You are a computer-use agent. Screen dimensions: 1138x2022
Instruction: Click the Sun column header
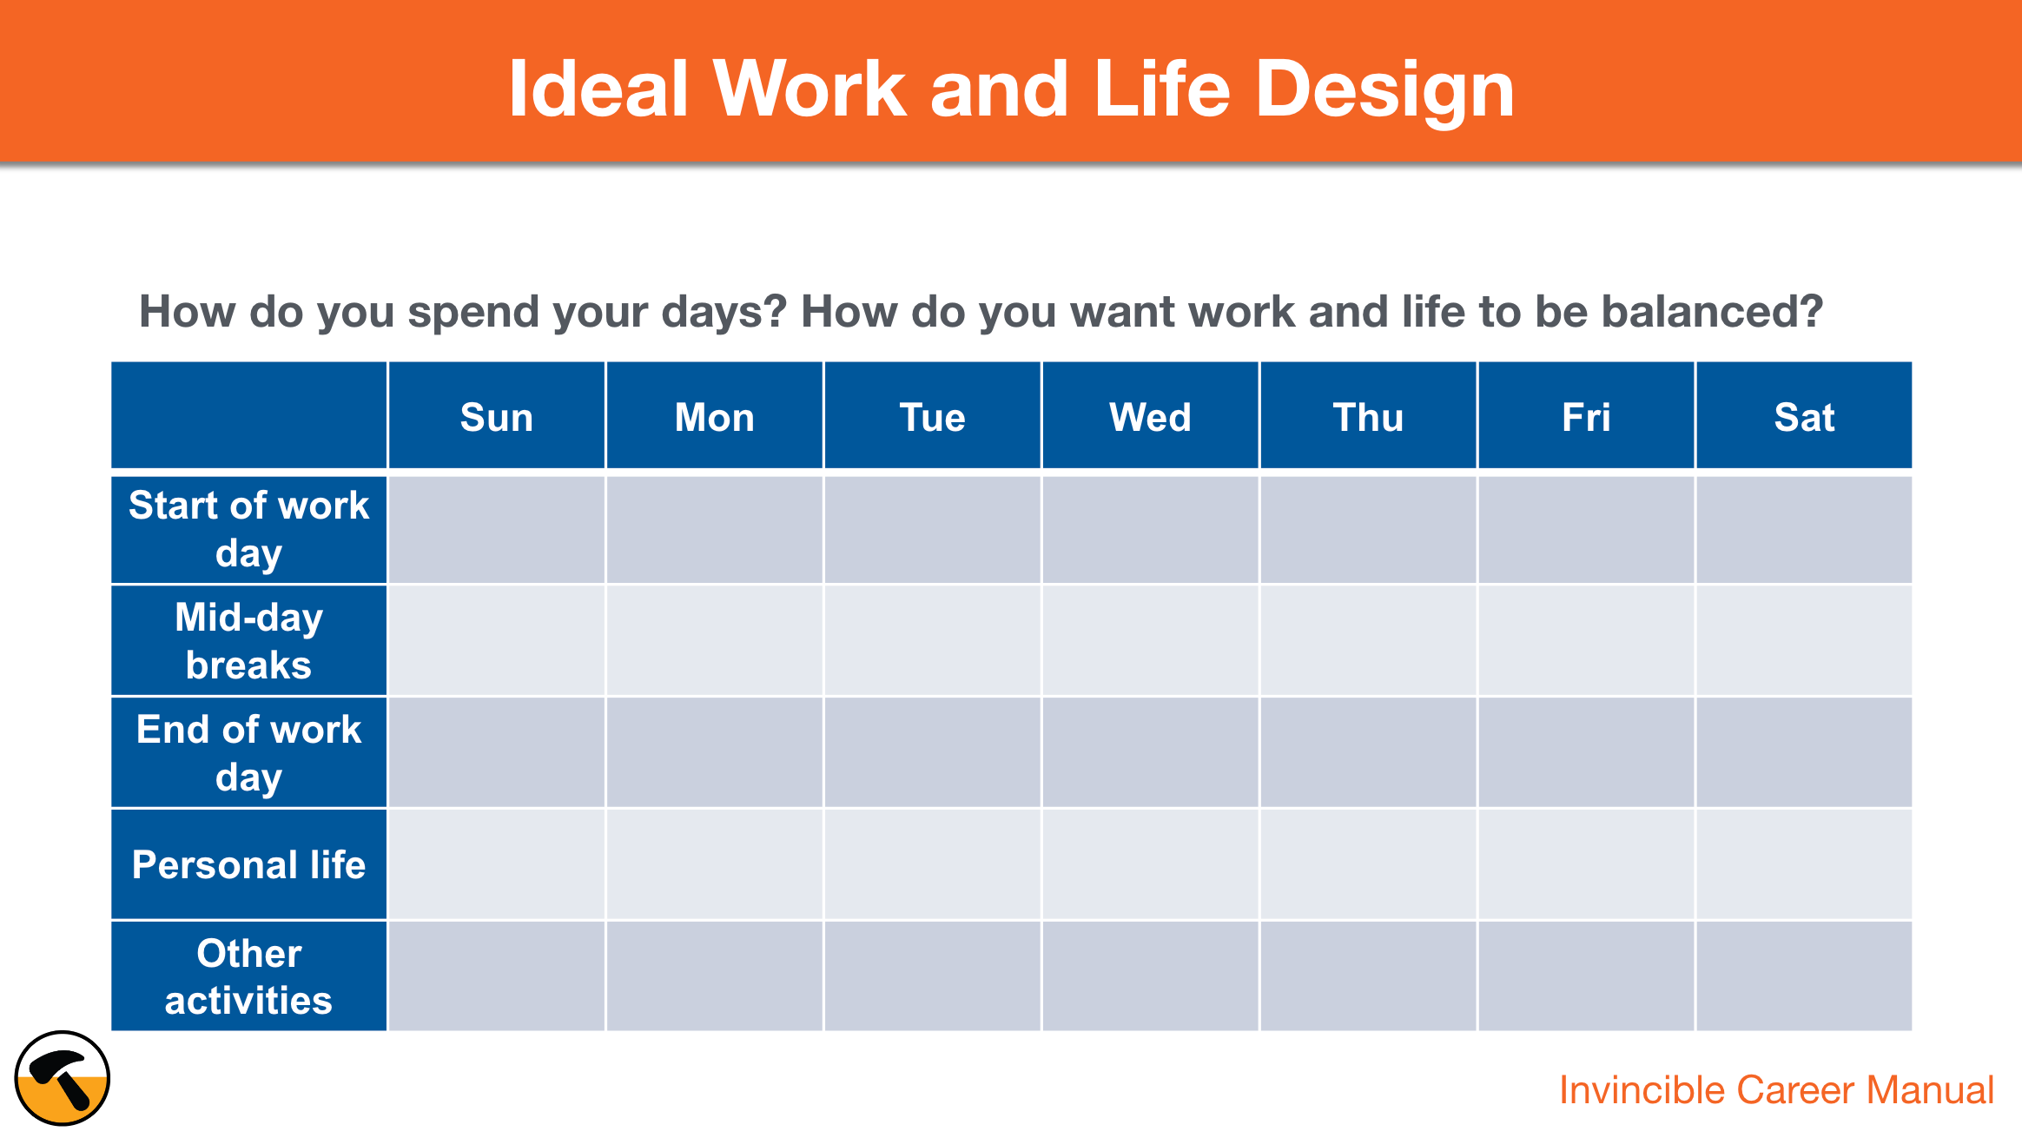coord(496,417)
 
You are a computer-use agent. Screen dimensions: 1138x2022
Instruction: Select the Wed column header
coord(1150,417)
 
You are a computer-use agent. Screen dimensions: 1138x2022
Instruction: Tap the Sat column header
coord(1804,417)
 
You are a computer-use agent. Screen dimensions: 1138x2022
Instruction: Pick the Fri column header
coord(1586,417)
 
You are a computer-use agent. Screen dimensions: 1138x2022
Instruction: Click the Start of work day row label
coord(248,528)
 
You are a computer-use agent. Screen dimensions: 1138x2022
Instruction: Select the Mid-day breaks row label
coord(248,640)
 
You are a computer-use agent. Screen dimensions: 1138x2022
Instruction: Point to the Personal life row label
coord(248,864)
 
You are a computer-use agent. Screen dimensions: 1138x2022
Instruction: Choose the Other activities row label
coord(248,976)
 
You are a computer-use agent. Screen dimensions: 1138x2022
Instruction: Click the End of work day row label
coord(248,752)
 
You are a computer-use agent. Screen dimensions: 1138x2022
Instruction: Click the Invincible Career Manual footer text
coord(1775,1090)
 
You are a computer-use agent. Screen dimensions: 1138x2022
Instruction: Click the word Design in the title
coord(1384,89)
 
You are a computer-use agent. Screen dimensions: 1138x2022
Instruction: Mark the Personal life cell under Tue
coord(932,864)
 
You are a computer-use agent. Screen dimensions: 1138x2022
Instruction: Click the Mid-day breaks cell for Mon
coord(714,640)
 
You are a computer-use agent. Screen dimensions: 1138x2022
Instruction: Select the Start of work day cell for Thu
coord(1368,528)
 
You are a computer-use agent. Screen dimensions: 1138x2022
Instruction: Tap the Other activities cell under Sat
coord(1804,976)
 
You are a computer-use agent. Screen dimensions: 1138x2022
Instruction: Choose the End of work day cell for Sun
coord(496,752)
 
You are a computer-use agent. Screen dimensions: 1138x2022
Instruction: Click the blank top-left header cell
coord(248,415)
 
